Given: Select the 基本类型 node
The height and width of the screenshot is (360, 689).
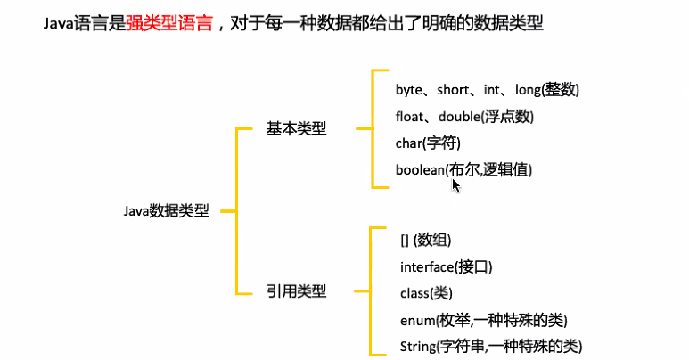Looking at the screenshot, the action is (296, 129).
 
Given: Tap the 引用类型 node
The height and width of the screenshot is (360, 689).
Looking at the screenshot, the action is (296, 291).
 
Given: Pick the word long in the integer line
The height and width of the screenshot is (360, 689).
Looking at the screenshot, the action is (529, 90).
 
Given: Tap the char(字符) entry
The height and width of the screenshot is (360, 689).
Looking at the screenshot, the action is (428, 143).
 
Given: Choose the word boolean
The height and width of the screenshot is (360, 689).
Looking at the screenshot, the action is (420, 169).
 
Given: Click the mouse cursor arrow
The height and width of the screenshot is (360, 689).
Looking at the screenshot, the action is (455, 184).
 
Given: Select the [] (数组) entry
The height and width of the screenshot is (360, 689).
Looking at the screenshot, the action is (426, 241).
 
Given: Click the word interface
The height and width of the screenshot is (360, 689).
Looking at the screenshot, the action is (427, 267).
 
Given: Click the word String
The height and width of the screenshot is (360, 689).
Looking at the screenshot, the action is (415, 346).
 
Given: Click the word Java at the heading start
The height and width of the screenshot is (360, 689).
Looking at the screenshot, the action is (58, 25).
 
